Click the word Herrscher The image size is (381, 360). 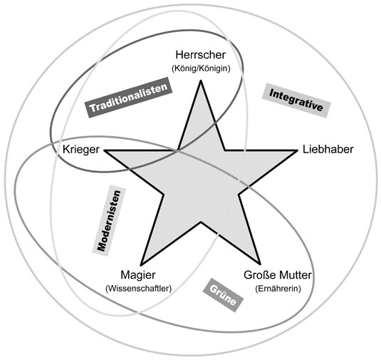tap(200, 55)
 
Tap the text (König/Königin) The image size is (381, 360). tap(201, 68)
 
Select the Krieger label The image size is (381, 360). tap(81, 150)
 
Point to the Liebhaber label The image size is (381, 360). tap(328, 149)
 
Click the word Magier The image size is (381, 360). tap(137, 275)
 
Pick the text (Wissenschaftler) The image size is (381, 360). tap(138, 289)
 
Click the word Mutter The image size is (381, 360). tap(295, 275)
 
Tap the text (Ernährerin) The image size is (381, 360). tap(278, 289)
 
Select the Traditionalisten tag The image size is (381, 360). tap(129, 98)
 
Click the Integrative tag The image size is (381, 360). tap(296, 101)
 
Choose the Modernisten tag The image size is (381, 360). tap(109, 220)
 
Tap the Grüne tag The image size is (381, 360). tap(223, 295)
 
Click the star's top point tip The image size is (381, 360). tap(201, 81)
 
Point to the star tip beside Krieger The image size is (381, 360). tap(105, 150)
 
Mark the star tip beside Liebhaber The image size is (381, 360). tap(297, 150)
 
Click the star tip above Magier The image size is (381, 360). tap(141, 265)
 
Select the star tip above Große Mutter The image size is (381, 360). tap(260, 264)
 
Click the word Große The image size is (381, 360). tap(260, 275)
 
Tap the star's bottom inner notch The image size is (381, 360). tap(201, 222)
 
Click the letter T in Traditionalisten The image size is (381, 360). tap(92, 108)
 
